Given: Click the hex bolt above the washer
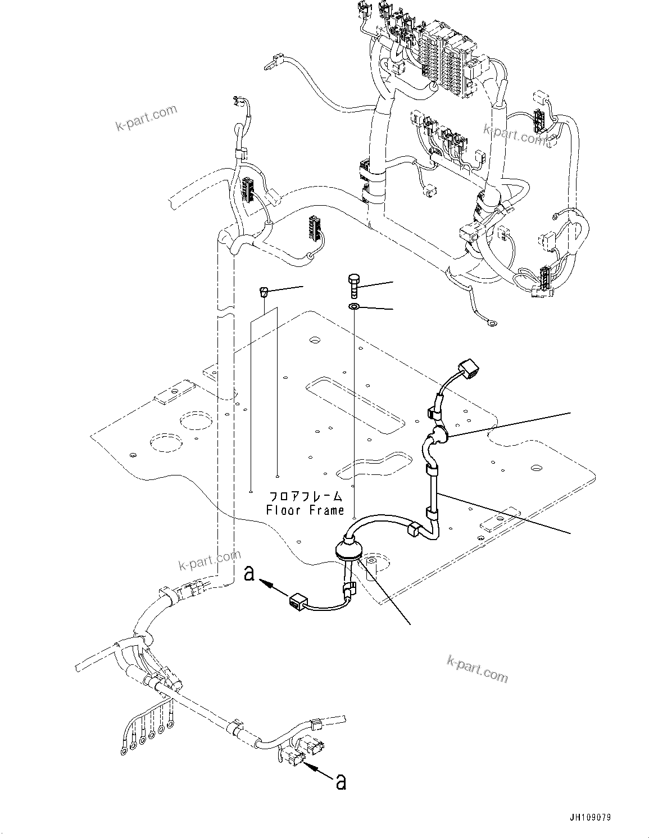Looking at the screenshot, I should pyautogui.click(x=353, y=286).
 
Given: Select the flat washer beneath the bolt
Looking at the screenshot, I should pyautogui.click(x=353, y=307).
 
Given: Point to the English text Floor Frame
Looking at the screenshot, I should pyautogui.click(x=305, y=510).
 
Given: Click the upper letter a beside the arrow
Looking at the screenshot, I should pyautogui.click(x=251, y=574).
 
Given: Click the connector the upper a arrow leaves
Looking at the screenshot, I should pyautogui.click(x=297, y=604).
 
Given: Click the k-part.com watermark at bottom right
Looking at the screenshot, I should pyautogui.click(x=477, y=668).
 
